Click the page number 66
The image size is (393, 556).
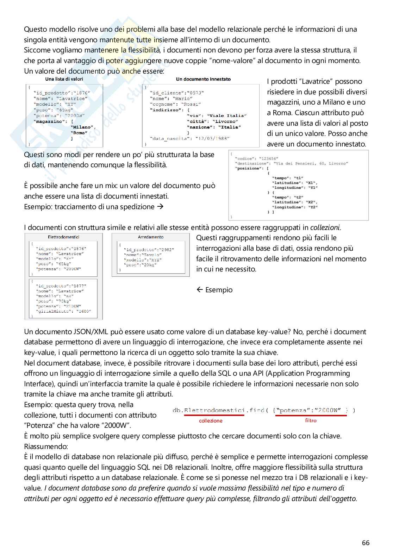pyautogui.click(x=366, y=543)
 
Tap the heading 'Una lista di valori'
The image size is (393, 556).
pyautogui.click(x=64, y=79)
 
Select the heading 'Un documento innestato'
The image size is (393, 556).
pyautogui.click(x=203, y=79)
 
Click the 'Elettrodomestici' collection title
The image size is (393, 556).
pyautogui.click(x=64, y=237)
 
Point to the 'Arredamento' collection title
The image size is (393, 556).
pyautogui.click(x=151, y=237)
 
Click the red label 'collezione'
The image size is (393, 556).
pyautogui.click(x=211, y=420)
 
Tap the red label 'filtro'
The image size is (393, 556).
pyautogui.click(x=311, y=420)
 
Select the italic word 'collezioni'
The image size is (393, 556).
pyautogui.click(x=325, y=227)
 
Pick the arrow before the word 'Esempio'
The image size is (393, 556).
pyautogui.click(x=200, y=290)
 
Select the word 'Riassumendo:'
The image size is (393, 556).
pyautogui.click(x=46, y=446)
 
